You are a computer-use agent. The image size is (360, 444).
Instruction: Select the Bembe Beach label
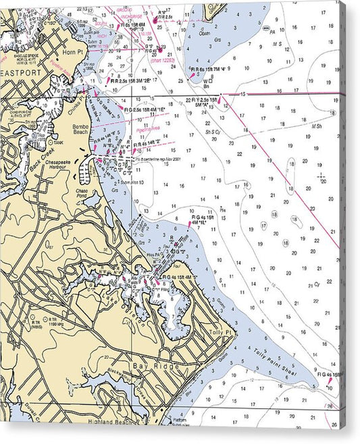(x=81, y=130)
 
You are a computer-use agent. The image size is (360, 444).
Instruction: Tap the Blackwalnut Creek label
(x=126, y=385)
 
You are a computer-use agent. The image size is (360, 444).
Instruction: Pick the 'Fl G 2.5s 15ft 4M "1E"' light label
(x=145, y=109)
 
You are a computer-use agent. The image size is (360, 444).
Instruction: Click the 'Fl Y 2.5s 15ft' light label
(x=201, y=99)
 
